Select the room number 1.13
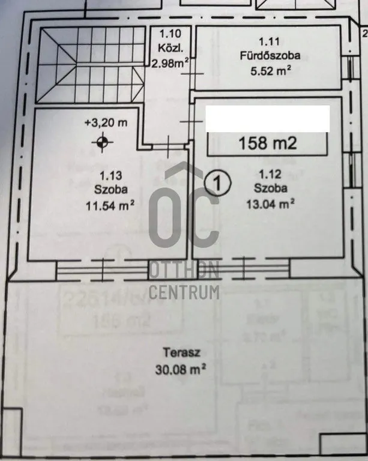point(107,176)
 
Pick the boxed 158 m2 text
point(268,144)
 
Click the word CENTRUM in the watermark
point(184,293)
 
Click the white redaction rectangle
point(268,118)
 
